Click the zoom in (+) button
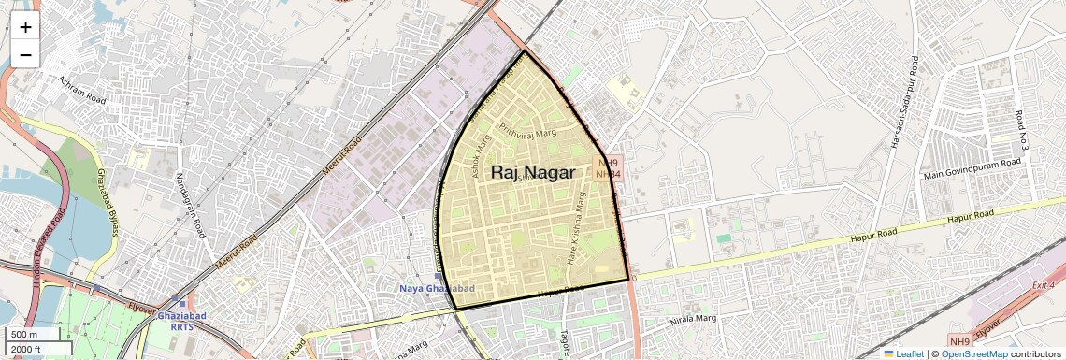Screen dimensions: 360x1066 tap(25, 27)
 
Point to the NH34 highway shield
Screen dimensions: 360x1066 tap(608, 174)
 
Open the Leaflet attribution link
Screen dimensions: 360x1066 tap(903, 353)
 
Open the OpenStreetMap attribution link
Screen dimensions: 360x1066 tap(973, 353)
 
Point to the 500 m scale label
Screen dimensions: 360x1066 tap(24, 335)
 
